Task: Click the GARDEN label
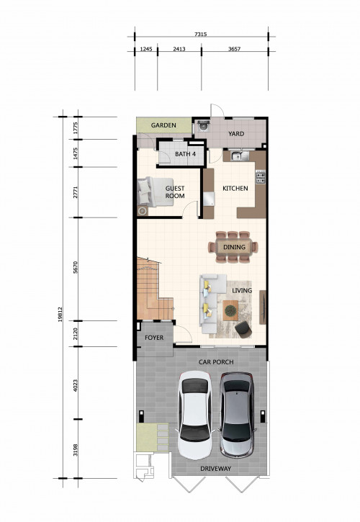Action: (163, 125)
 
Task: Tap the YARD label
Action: (236, 134)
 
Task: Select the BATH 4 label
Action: (185, 154)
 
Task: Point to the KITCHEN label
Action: (235, 189)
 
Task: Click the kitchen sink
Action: (240, 156)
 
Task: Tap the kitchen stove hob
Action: (261, 177)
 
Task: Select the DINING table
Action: (234, 247)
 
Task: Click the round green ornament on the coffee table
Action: (230, 310)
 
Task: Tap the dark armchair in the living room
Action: (243, 330)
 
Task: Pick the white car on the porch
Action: (195, 415)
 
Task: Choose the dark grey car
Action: (237, 415)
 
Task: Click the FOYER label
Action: (154, 338)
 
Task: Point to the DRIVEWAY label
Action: (215, 469)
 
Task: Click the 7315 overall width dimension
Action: (200, 34)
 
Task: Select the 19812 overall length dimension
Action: (60, 314)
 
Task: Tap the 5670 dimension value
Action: (76, 267)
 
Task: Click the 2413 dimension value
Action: (179, 49)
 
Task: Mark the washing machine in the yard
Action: (203, 126)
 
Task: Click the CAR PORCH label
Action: (216, 362)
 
